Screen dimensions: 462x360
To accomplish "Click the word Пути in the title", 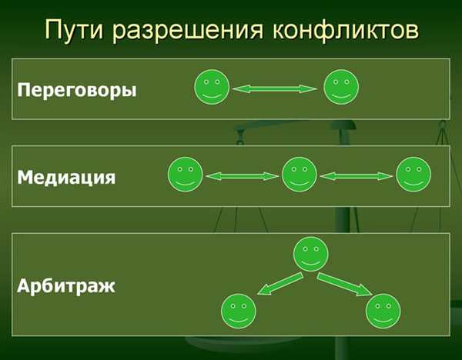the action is tap(74, 29).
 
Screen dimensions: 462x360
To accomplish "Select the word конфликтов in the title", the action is tap(345, 30).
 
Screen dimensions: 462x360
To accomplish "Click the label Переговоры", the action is tap(77, 90).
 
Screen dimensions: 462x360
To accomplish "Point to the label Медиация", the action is tap(66, 178).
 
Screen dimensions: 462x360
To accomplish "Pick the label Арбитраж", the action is tap(66, 285).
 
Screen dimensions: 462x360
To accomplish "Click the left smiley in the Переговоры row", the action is tap(212, 87).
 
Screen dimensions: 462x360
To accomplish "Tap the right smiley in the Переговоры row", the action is tap(341, 87).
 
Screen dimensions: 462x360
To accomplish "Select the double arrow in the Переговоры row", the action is tap(275, 89).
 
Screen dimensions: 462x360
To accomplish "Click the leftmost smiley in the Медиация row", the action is tap(186, 175).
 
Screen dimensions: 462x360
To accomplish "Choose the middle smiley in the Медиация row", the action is tap(300, 175).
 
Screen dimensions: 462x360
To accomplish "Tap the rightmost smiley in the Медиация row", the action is tap(413, 175).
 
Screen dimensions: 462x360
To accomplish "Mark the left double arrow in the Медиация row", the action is tap(243, 176).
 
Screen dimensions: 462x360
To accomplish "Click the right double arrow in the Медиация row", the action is tap(357, 176).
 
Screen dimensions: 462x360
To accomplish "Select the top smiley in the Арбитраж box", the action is tap(311, 254).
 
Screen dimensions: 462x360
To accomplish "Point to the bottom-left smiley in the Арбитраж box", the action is tap(239, 311).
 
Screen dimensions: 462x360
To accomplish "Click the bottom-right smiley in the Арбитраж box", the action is tap(383, 311).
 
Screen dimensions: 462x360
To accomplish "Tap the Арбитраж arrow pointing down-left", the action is tap(280, 284).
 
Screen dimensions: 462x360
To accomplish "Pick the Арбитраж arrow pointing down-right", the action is tap(344, 285).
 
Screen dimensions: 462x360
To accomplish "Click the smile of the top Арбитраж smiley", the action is tap(311, 262).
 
